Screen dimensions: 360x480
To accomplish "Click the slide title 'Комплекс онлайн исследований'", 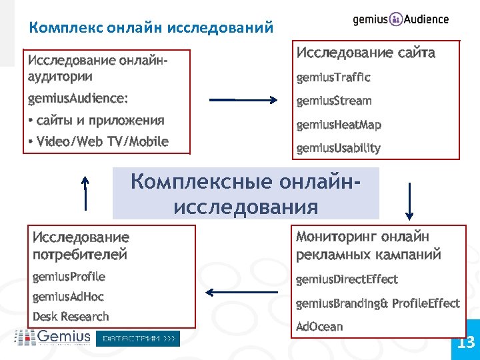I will [151, 28].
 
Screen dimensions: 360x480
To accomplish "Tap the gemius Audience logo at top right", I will [401, 19].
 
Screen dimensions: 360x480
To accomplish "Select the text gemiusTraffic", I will [333, 77].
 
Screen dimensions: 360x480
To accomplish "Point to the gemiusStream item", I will [334, 101].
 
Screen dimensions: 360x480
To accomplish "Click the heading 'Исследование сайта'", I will [365, 53].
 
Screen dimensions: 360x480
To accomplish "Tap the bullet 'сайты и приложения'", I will [96, 121].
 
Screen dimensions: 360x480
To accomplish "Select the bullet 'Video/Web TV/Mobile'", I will [98, 141].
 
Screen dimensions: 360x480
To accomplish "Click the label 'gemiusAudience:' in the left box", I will [78, 99].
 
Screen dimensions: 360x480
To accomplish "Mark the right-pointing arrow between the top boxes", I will [243, 100].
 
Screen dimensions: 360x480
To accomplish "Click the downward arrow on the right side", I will [409, 201].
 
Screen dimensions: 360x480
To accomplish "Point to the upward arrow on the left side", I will [85, 193].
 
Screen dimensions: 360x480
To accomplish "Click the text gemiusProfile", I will [69, 277].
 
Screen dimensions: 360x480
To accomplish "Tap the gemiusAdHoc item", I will [68, 297].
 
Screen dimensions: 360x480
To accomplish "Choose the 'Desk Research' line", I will [71, 317].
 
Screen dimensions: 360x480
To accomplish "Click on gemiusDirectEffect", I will [347, 279].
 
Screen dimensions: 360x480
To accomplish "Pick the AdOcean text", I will [319, 327].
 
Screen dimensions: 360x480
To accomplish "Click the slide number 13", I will [465, 343].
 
